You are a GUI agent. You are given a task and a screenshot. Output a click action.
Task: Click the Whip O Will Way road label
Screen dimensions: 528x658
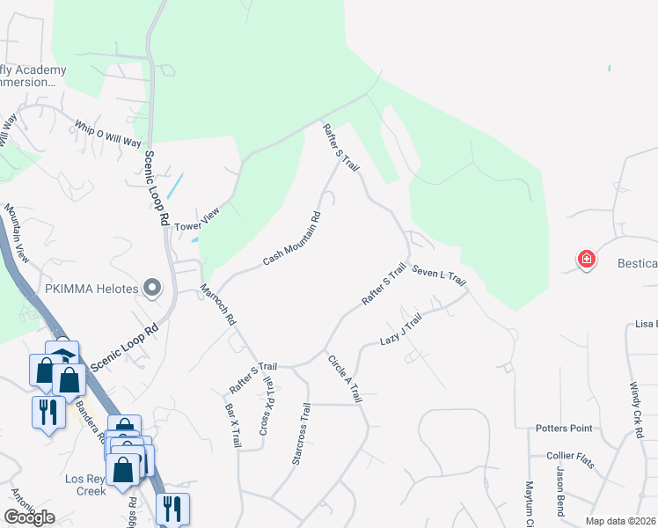click(107, 135)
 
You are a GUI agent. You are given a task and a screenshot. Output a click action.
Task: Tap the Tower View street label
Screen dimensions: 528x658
click(196, 220)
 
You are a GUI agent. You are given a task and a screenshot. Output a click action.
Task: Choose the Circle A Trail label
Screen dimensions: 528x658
click(344, 378)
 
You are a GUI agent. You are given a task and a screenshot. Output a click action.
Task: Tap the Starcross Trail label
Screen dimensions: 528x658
click(301, 434)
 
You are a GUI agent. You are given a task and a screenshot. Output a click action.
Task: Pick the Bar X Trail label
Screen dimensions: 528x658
click(233, 426)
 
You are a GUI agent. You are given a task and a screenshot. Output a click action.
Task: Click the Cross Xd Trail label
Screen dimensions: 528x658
click(267, 407)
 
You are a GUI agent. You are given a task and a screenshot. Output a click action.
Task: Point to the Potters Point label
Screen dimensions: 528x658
click(564, 429)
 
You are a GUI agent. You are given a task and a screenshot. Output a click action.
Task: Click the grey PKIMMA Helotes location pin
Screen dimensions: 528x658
click(153, 287)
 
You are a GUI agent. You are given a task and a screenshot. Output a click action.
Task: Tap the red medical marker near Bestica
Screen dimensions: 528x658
click(586, 260)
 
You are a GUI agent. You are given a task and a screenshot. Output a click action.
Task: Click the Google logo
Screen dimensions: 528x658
click(29, 517)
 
